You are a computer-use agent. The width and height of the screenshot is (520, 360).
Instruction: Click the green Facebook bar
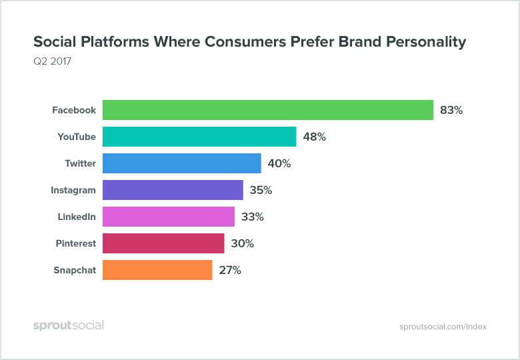268,110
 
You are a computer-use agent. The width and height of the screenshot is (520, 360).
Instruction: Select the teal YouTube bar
199,137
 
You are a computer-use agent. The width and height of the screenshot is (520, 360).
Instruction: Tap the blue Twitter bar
182,163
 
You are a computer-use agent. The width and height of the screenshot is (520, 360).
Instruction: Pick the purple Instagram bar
173,190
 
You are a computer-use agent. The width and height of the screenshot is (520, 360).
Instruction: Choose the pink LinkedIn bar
169,217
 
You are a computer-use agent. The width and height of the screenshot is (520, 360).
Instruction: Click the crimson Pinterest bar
163,243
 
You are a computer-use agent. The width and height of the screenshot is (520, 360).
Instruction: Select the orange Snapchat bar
157,270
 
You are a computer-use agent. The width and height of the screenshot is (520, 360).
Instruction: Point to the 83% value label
451,110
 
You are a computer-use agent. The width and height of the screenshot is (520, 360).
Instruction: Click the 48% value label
314,137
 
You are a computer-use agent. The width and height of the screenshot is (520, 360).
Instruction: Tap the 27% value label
230,270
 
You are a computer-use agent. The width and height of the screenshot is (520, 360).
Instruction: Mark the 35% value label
261,190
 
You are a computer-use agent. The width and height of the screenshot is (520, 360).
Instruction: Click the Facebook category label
74,110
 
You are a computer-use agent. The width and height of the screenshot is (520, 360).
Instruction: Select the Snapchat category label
75,270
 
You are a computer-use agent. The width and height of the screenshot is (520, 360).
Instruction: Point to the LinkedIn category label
77,217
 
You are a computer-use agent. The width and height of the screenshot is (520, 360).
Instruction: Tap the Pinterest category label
75,243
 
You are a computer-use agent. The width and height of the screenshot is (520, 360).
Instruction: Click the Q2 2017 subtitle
52,62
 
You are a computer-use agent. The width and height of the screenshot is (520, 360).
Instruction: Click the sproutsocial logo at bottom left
69,325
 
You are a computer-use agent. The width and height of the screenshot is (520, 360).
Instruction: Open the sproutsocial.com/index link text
443,327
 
